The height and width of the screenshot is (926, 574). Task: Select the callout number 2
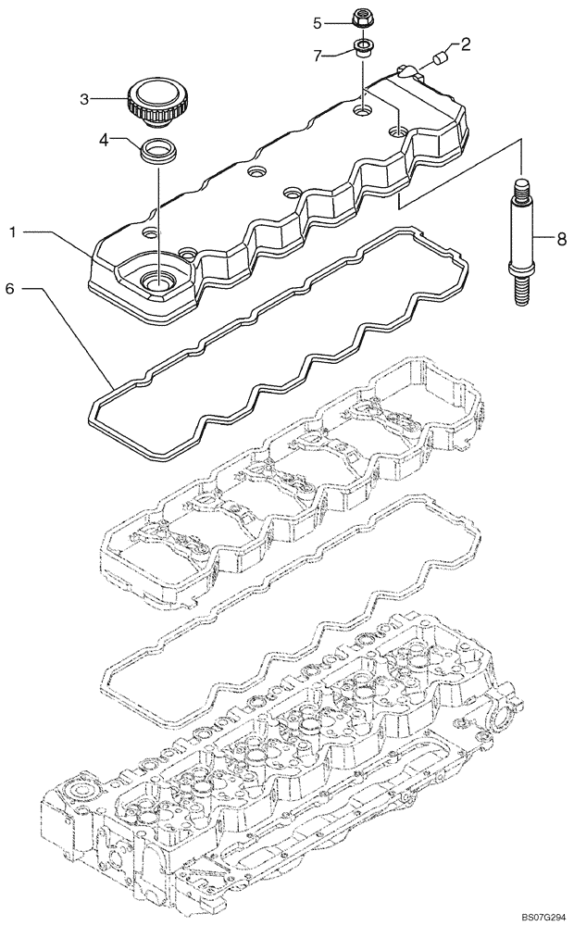pyautogui.click(x=466, y=44)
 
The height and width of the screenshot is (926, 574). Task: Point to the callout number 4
pyautogui.click(x=106, y=141)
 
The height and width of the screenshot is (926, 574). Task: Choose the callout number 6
pyautogui.click(x=10, y=289)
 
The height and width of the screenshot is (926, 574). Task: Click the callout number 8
pyautogui.click(x=560, y=238)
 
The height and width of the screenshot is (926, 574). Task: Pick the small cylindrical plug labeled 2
pyautogui.click(x=438, y=59)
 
